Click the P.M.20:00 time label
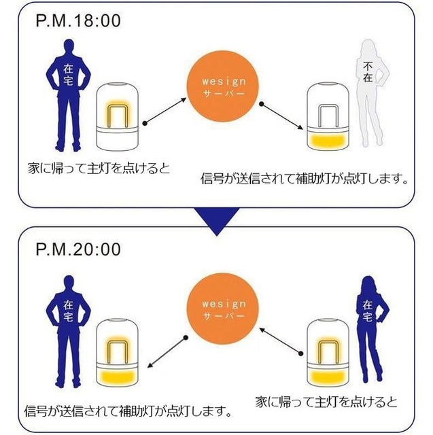click(77, 249)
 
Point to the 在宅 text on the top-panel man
click(69, 74)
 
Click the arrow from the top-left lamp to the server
click(164, 112)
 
